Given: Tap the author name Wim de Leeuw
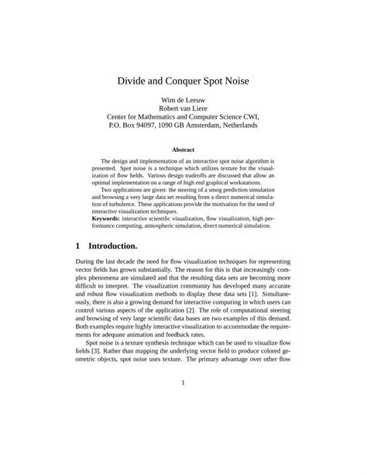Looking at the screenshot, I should (183, 101).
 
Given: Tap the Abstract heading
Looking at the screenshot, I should (183, 150).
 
